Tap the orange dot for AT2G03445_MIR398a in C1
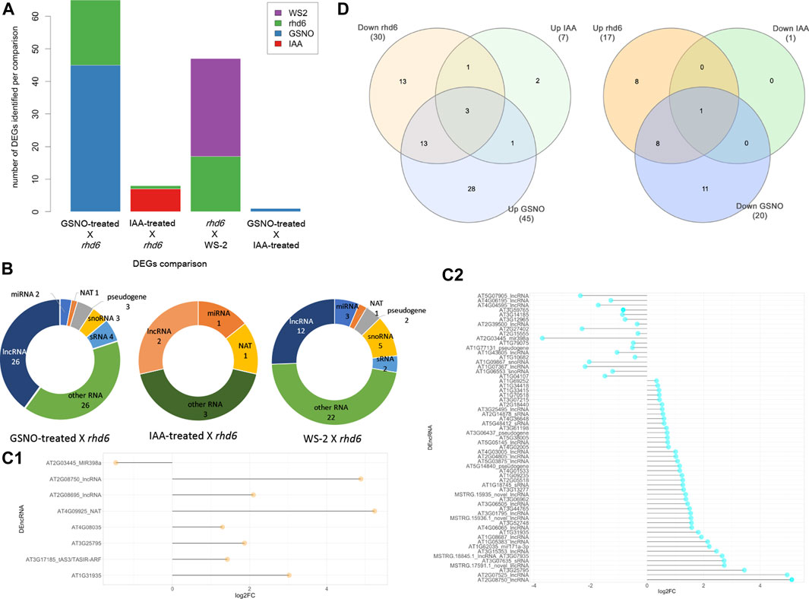click(115, 462)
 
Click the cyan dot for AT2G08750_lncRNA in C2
click(791, 579)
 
